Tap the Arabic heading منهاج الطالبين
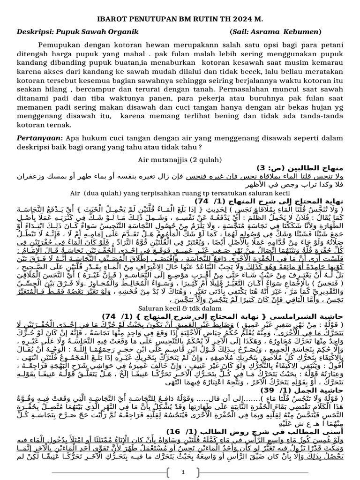pyautogui.click(x=303, y=167)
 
